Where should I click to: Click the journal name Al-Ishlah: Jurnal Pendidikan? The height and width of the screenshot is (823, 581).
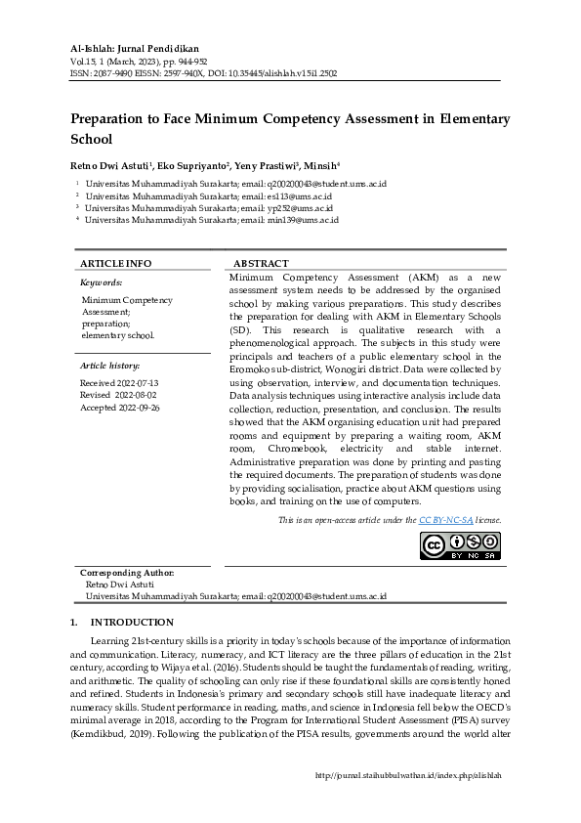click(136, 48)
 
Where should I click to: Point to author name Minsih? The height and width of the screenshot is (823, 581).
click(320, 165)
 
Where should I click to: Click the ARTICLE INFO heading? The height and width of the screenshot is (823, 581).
click(115, 264)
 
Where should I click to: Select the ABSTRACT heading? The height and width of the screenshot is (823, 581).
click(261, 264)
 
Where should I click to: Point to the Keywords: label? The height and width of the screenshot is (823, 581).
click(101, 282)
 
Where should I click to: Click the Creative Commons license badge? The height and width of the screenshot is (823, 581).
click(460, 545)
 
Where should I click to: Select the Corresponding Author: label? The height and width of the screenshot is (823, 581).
click(128, 572)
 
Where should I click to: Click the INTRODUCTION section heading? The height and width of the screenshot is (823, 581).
click(132, 623)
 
